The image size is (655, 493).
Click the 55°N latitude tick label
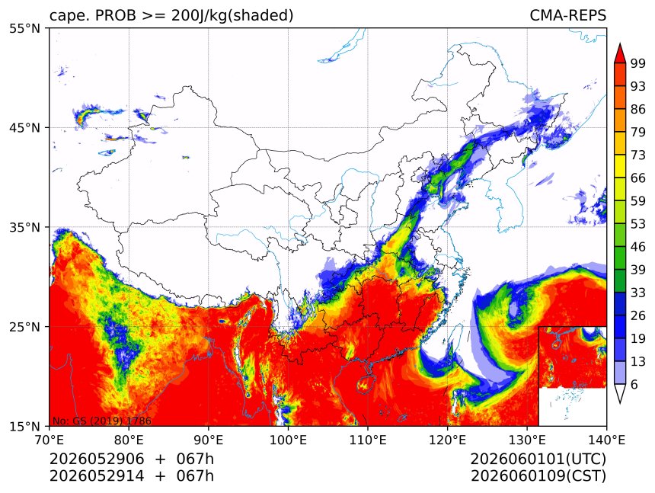(x=24, y=28)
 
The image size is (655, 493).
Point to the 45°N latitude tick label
(x=24, y=127)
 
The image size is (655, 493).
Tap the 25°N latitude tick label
(x=24, y=327)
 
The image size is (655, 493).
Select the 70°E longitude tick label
(x=50, y=440)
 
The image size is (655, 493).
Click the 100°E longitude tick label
(x=288, y=440)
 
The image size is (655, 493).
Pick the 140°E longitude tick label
(x=606, y=440)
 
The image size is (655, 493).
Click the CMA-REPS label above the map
(x=567, y=15)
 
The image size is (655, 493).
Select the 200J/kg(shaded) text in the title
(x=232, y=16)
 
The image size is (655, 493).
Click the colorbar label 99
(x=638, y=63)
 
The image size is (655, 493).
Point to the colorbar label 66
(x=638, y=178)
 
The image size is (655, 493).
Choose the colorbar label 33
(x=638, y=293)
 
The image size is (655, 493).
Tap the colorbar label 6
(x=634, y=384)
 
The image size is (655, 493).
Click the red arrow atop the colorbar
(x=620, y=53)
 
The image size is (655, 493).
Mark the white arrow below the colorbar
(x=620, y=393)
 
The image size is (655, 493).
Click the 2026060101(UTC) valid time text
(x=538, y=459)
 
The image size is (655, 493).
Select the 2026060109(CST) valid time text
(x=538, y=476)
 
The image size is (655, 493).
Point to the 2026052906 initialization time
(x=97, y=459)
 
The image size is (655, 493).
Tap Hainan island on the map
(x=365, y=383)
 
